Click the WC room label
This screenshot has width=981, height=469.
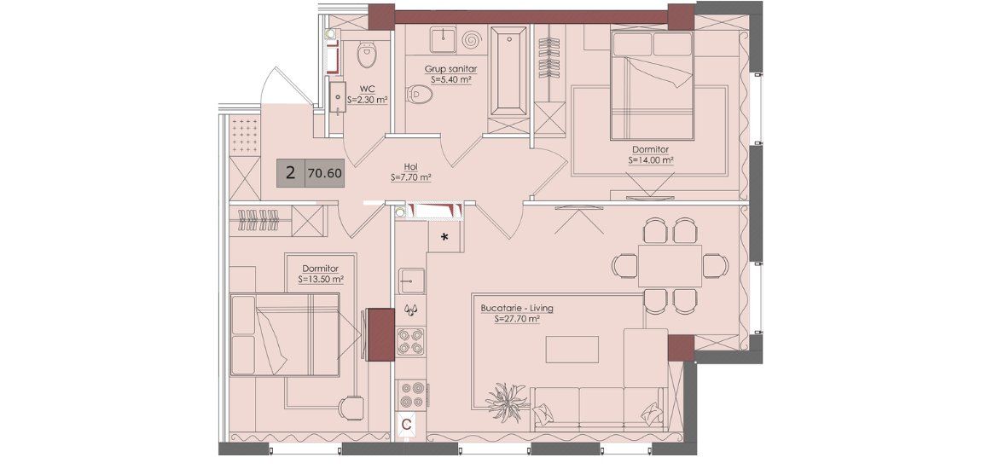(x=367, y=90)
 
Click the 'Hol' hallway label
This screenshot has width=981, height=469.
(x=411, y=168)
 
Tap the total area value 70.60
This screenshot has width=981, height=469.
(x=325, y=173)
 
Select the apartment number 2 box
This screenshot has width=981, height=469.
(x=291, y=173)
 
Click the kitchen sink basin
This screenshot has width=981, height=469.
(x=411, y=281)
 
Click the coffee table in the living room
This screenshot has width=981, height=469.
(x=572, y=349)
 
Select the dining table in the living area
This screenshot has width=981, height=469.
(x=670, y=266)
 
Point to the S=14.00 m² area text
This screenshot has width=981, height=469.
(x=651, y=160)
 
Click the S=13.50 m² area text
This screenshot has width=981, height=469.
(x=322, y=280)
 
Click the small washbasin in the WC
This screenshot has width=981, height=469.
(x=337, y=97)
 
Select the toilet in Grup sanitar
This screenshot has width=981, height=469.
(x=419, y=95)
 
